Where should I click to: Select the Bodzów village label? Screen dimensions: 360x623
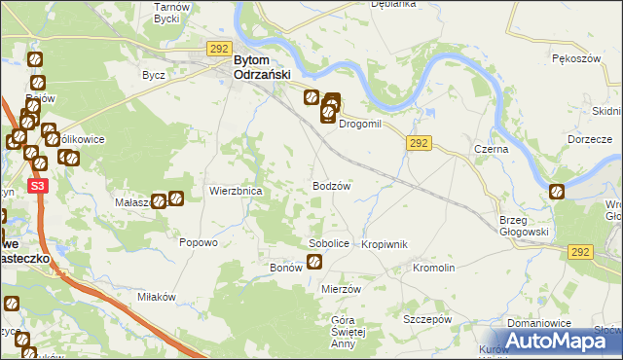click(x=331, y=185)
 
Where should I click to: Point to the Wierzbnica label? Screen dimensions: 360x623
click(x=236, y=192)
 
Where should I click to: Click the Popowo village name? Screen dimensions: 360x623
click(x=198, y=243)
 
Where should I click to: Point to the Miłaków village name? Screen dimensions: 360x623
click(x=155, y=297)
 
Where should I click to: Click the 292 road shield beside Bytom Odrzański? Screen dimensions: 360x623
click(x=217, y=47)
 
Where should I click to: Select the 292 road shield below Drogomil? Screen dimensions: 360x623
click(x=419, y=143)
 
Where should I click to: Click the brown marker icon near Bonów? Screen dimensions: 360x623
click(x=314, y=261)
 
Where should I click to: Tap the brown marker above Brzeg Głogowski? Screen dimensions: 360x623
click(x=556, y=193)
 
